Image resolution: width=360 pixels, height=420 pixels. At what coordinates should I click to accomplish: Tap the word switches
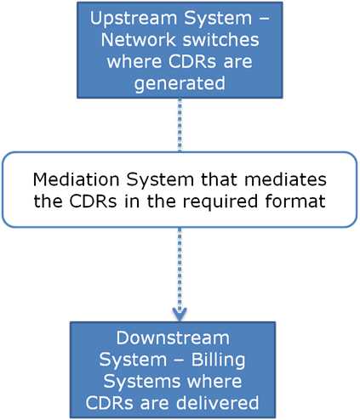203,40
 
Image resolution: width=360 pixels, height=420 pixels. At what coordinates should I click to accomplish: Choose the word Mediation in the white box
73,180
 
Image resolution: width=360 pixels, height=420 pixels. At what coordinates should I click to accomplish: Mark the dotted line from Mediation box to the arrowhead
180,264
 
